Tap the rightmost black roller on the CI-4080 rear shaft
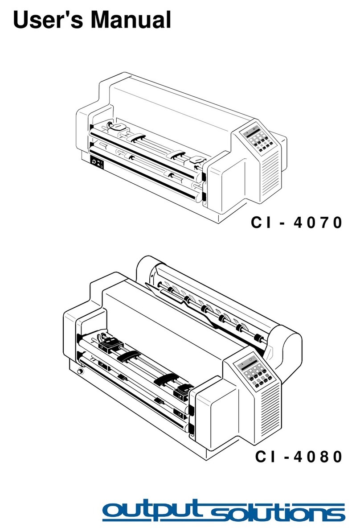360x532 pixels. tap(257, 337)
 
